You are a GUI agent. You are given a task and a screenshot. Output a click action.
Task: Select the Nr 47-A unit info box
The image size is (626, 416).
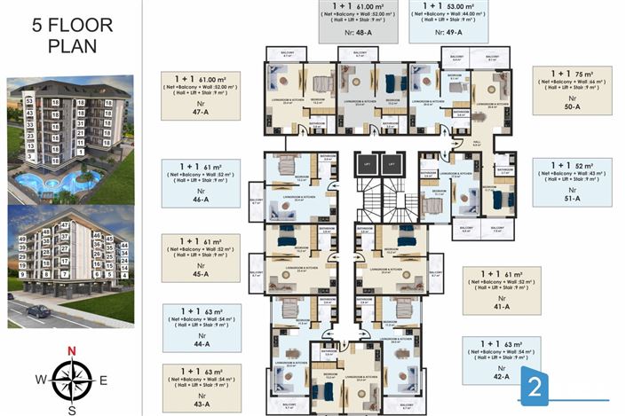199,96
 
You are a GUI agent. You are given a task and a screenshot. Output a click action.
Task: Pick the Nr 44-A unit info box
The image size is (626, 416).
199,328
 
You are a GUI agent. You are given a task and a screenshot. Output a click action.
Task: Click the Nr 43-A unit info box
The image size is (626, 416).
199,388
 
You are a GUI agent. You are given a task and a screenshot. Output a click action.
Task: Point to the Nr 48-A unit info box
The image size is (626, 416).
359,22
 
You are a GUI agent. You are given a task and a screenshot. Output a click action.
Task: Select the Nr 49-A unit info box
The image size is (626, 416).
449,22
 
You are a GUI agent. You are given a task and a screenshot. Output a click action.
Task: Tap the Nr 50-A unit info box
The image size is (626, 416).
572,92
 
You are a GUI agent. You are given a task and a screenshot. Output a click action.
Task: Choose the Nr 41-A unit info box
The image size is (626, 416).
502,291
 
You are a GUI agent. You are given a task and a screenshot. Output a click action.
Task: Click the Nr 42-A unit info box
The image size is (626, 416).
502,360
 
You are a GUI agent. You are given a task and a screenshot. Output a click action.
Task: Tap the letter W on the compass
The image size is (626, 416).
41,380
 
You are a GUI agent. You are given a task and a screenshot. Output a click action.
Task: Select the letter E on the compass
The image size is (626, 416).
103,380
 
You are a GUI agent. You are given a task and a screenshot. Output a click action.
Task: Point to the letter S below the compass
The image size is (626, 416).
72,409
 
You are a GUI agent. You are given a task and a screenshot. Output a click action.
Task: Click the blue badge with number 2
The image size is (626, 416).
535,386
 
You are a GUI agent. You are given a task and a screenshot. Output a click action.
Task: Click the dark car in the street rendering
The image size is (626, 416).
38,311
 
